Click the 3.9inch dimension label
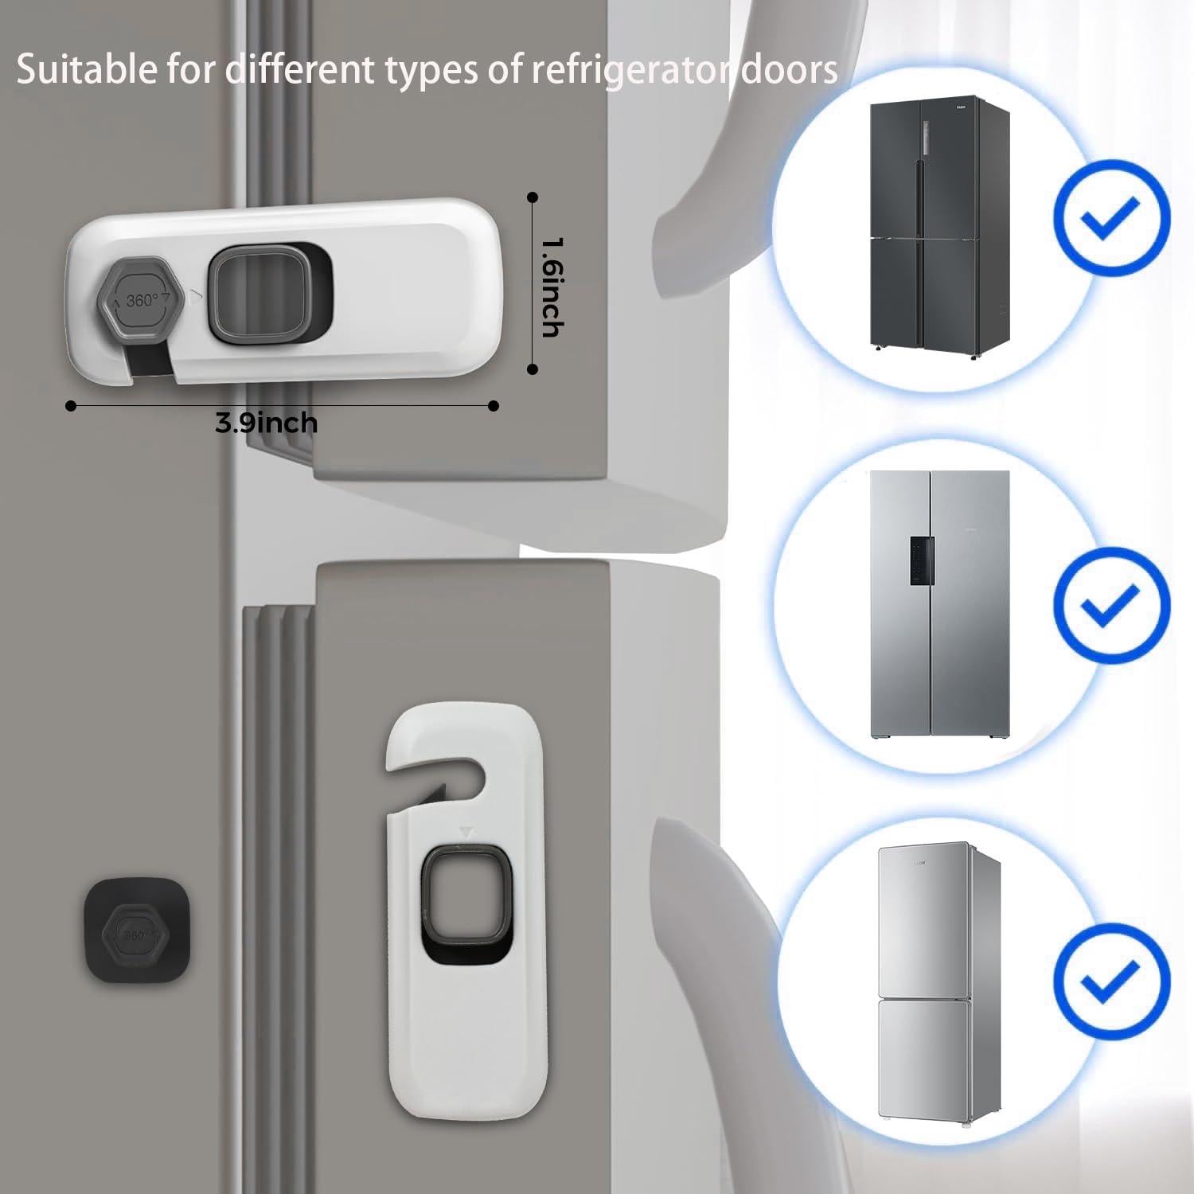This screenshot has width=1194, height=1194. pos(266,422)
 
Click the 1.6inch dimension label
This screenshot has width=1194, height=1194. pos(552,287)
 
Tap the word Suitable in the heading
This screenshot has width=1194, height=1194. pos(87,70)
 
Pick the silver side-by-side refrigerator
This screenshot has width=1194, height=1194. pos(939,605)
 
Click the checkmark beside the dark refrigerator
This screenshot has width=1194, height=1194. pos(1111,217)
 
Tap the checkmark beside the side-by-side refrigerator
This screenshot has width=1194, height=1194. pos(1111,605)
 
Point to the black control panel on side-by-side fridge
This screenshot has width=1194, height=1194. pos(922,560)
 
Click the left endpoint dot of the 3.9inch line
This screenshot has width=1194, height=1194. pos(71,406)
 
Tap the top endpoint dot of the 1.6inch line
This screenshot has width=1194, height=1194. pos(533,197)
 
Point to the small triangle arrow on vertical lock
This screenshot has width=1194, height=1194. pos(466,833)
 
